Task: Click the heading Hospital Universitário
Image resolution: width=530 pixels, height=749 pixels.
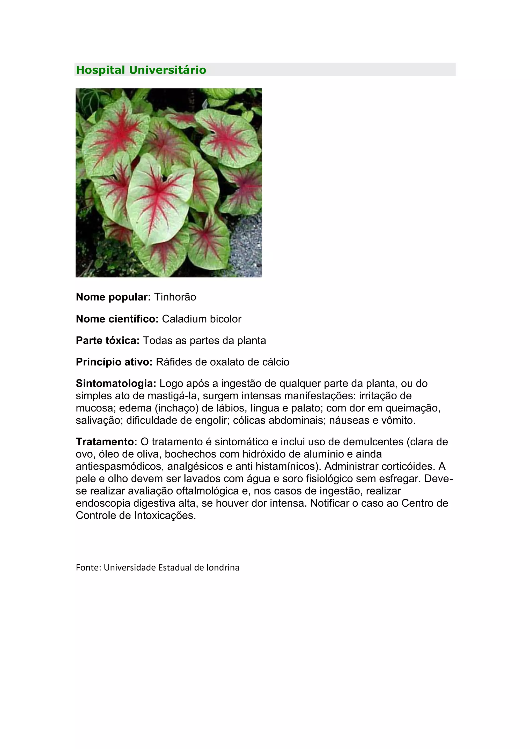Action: coord(141,70)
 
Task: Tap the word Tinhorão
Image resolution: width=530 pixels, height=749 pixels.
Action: coord(175,297)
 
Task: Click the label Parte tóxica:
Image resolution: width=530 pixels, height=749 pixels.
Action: coord(108,340)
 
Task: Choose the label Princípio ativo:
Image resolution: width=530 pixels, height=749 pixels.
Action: coord(114,362)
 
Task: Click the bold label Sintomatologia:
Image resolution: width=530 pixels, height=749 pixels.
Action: coord(116,383)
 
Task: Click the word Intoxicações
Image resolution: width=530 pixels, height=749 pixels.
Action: coord(165,515)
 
